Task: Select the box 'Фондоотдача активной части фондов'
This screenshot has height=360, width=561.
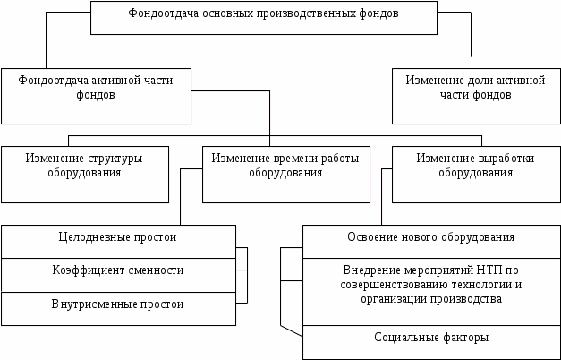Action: click(x=96, y=96)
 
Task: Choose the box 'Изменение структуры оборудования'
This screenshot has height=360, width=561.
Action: click(x=84, y=174)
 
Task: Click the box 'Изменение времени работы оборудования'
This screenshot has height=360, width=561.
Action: click(x=285, y=174)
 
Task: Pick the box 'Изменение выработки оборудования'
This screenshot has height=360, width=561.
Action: click(x=475, y=174)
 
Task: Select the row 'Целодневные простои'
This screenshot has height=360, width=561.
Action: click(x=117, y=237)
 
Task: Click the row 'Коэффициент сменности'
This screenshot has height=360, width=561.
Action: click(x=117, y=270)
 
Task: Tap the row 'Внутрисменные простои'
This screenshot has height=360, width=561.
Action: click(x=117, y=304)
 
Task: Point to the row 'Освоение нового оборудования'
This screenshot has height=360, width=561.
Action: click(x=430, y=237)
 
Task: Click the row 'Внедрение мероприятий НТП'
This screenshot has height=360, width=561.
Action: click(x=430, y=284)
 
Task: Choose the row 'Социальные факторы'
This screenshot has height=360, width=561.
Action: click(x=430, y=339)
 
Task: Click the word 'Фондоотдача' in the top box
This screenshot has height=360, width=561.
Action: click(x=158, y=14)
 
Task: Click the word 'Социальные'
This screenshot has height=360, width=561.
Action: click(x=404, y=339)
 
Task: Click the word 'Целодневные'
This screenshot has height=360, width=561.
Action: click(x=89, y=237)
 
